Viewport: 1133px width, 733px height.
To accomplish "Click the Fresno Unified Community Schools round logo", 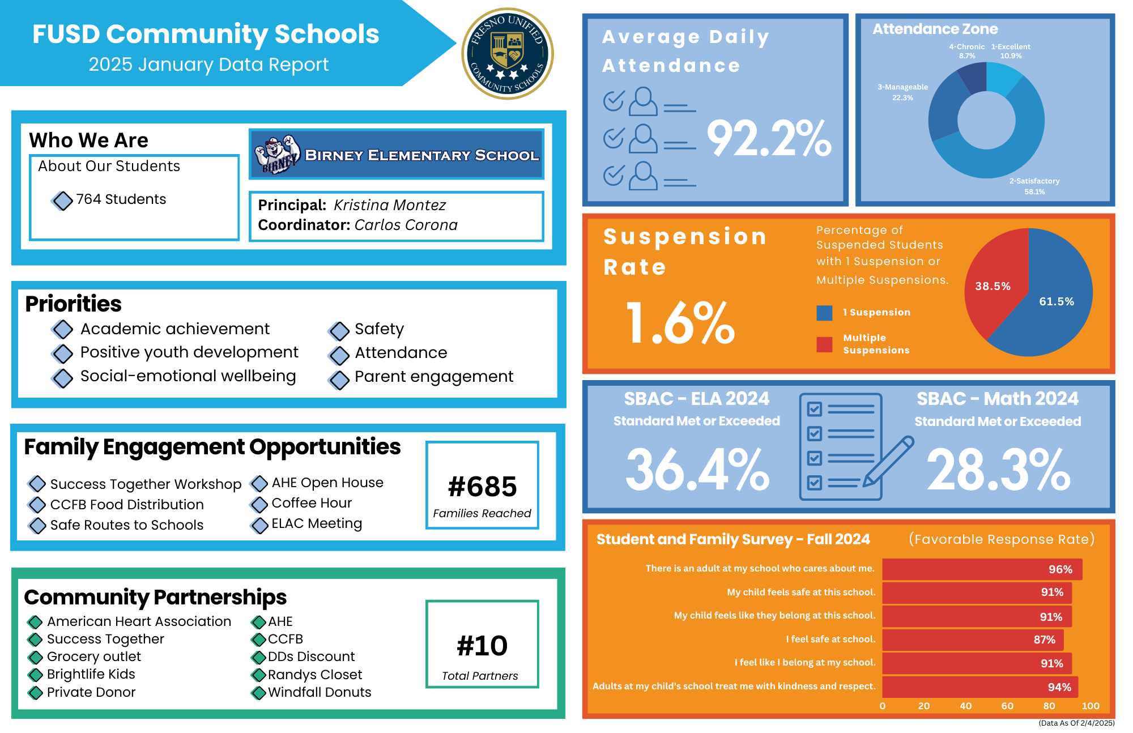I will [508, 54].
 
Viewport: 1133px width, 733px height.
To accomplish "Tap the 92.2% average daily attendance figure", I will [769, 139].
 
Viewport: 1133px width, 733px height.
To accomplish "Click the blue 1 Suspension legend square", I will [824, 313].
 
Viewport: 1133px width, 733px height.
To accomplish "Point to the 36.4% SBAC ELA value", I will [697, 470].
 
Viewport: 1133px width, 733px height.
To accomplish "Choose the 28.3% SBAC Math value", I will [998, 470].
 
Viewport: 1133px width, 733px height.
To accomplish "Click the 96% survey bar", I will [982, 569].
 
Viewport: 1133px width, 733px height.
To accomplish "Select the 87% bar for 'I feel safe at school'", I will [972, 640].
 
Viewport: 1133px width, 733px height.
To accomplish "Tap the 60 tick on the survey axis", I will [1007, 706].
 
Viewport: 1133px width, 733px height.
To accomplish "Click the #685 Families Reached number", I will [482, 487].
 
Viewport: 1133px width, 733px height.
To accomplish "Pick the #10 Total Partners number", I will [482, 646].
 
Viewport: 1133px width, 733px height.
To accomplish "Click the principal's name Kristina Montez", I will [390, 205].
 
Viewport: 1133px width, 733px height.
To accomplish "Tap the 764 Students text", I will [121, 199].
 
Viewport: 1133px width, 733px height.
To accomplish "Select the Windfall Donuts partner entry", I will [320, 692].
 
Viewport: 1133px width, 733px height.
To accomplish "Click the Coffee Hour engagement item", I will [312, 503].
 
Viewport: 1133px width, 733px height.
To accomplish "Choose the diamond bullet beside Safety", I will [339, 330].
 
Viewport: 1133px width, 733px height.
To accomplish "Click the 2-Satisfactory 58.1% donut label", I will [1034, 186].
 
